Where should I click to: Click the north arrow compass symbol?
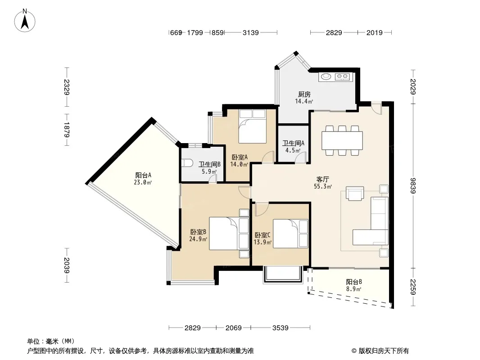pos(25,21)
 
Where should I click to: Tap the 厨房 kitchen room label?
pos(304,94)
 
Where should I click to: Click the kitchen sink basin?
pos(326,76)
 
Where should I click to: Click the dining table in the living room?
pos(342,140)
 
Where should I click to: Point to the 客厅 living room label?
pos(323,179)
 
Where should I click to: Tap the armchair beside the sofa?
pos(355,193)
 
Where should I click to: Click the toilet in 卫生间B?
pos(186,163)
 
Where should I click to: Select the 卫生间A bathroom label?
pos(293,143)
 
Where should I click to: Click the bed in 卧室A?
pos(253,126)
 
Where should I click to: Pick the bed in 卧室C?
pos(290,234)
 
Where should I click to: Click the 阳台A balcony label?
pos(143,175)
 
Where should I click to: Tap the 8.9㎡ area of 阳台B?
pos(353,289)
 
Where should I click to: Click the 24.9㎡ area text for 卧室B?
pos(198,239)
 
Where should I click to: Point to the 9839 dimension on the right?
pos(413,186)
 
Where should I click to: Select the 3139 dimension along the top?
pos(251,32)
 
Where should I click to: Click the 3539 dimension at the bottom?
pos(281,328)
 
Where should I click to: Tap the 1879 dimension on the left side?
pos(67,130)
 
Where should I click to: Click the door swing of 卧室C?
pos(261,209)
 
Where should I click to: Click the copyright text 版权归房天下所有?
pos(384,351)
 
